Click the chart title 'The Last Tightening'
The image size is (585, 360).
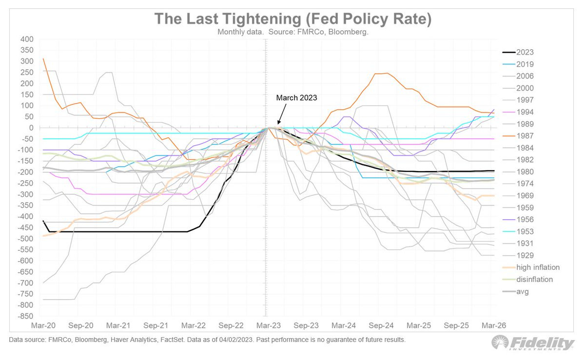point(292,19)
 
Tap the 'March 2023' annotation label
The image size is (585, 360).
point(296,98)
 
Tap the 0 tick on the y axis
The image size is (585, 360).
point(30,128)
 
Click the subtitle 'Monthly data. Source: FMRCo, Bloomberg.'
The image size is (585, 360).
point(292,32)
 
